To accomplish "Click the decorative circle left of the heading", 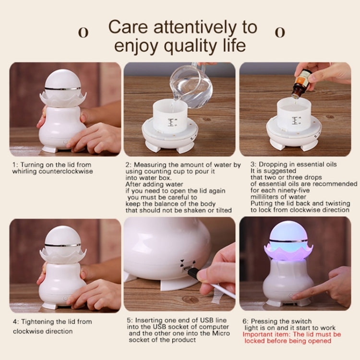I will (x=83, y=32).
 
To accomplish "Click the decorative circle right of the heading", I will (x=280, y=32).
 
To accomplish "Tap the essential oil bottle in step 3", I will (x=301, y=84).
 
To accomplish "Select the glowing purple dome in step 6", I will (x=288, y=233).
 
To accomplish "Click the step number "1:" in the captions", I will (x=15, y=165).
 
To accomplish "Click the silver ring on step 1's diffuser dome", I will (x=62, y=89).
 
